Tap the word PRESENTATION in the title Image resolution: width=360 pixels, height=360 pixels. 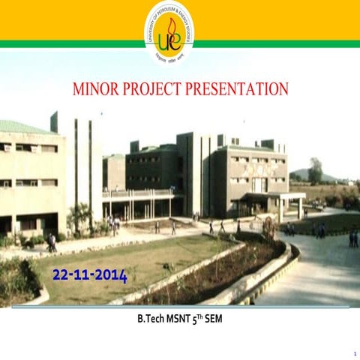242,89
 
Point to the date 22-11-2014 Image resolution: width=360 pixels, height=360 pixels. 90,275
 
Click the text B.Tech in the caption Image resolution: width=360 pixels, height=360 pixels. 151,319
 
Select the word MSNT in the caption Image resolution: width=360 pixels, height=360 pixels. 182,319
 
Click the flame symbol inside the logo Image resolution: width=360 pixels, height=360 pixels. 172,30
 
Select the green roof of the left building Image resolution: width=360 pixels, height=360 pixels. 22,127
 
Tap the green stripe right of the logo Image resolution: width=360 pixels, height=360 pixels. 277,43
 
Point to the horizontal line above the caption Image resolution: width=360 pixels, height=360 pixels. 180,307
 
